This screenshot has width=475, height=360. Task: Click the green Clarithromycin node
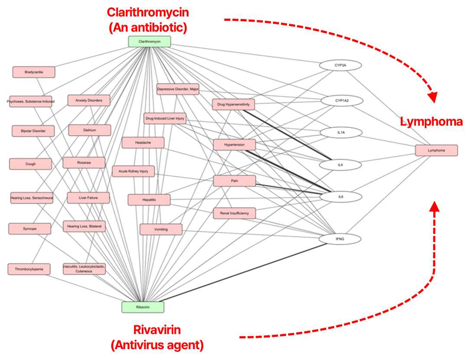tap(150, 42)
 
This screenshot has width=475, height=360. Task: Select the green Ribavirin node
tap(143, 307)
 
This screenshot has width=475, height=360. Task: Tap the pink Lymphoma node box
tap(436, 150)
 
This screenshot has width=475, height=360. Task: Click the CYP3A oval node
tap(340, 65)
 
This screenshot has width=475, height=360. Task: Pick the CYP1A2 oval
tap(342, 101)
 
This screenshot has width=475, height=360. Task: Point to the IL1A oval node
tap(341, 133)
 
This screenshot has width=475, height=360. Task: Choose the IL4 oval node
tap(341, 165)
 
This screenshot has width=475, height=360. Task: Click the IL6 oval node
tap(341, 197)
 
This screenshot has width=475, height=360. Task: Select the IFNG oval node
tap(340, 239)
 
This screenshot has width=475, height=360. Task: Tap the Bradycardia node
tap(34, 72)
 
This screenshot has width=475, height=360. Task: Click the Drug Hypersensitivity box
tap(234, 104)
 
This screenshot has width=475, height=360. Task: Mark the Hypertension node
tap(234, 145)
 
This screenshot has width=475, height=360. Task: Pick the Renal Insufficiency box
tap(234, 213)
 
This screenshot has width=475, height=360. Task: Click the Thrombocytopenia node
tap(29, 269)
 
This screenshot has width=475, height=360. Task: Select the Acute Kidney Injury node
tap(133, 172)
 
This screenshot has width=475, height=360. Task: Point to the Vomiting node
tap(161, 229)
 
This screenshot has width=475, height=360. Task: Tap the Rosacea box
tap(84, 163)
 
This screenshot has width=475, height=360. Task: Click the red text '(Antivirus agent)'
tap(157, 345)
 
